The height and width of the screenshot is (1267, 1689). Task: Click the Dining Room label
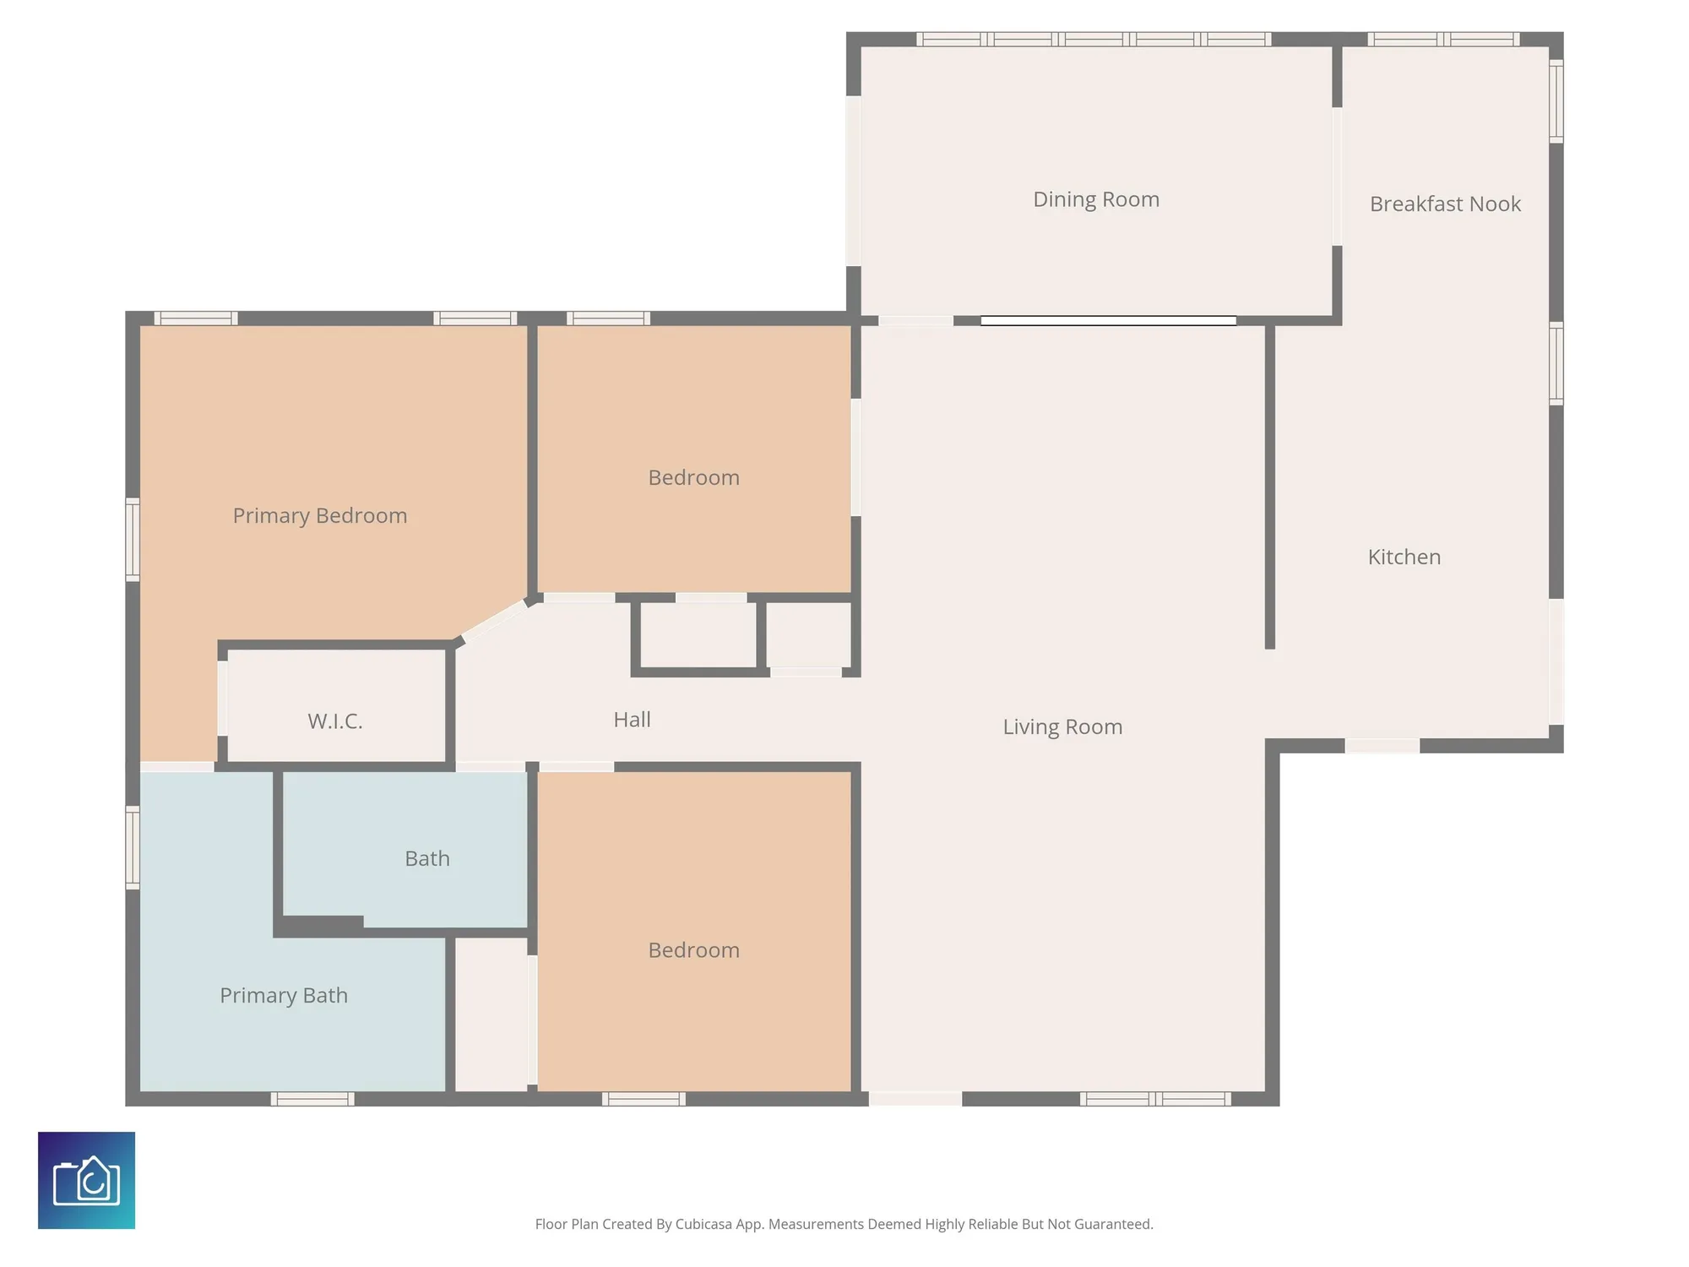1095,199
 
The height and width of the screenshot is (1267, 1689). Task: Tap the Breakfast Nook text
1445,204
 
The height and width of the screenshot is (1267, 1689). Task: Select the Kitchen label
1404,557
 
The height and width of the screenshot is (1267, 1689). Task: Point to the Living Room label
1062,726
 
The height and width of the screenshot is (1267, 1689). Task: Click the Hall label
632,719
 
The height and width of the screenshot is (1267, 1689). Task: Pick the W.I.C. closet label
334,721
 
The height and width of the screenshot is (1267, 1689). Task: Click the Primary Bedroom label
319,515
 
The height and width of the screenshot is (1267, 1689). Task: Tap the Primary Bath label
283,995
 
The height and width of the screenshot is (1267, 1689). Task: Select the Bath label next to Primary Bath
426,858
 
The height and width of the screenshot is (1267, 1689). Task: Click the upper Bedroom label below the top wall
693,477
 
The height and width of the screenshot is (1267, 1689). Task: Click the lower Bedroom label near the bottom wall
693,949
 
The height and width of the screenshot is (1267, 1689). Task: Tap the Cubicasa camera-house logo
86,1180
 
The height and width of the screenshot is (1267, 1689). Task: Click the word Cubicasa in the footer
703,1224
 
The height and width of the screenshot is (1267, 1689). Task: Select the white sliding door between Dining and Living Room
1108,320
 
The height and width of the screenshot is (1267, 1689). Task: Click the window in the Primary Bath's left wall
133,847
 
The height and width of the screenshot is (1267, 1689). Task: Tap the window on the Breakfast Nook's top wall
1443,39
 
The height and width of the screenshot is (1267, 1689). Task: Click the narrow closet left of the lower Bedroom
491,1014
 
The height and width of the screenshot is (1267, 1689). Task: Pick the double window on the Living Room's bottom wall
1154,1099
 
